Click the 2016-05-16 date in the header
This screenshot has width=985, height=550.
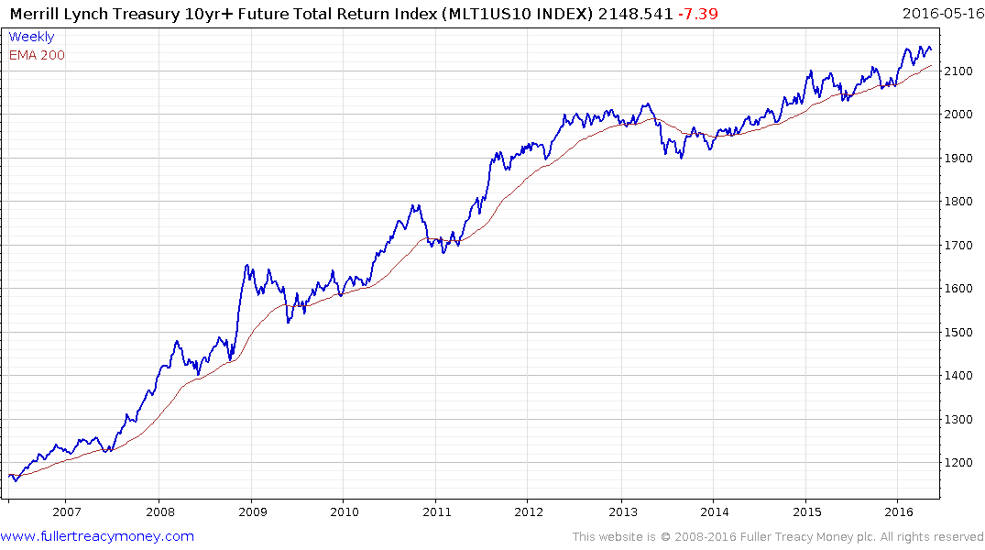943,13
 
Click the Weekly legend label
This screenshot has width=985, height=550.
31,37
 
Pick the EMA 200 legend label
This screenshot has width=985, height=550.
37,55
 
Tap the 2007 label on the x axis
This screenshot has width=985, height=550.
66,511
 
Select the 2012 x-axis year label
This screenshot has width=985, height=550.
529,511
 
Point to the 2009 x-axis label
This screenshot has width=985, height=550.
251,511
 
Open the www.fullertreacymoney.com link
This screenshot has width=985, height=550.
97,536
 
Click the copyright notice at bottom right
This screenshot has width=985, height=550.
778,537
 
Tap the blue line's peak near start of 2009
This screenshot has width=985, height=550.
246,265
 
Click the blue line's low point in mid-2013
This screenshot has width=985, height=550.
681,158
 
